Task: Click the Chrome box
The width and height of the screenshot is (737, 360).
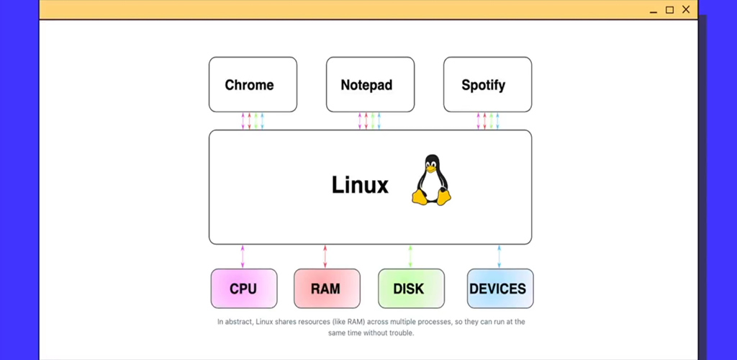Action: point(253,84)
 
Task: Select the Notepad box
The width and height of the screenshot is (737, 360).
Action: point(370,84)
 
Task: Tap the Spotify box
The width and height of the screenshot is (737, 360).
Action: point(487,84)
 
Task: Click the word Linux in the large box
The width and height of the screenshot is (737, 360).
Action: point(360,185)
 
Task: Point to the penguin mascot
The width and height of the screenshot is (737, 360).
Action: point(431,181)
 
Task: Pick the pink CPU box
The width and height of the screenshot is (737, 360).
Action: point(243,289)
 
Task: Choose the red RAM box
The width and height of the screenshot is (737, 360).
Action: point(326,289)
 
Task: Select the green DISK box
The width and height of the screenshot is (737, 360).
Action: point(410,289)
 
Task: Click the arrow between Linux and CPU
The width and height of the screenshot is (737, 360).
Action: point(243,256)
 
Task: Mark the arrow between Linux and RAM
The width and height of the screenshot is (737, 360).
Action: point(325,256)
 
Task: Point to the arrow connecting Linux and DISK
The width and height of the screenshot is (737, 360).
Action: point(410,256)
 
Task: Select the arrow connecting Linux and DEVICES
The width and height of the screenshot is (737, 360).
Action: point(499,256)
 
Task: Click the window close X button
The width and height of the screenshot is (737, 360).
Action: point(687,9)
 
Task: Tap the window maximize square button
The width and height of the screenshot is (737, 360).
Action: point(669,10)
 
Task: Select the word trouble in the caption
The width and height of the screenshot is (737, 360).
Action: point(400,333)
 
